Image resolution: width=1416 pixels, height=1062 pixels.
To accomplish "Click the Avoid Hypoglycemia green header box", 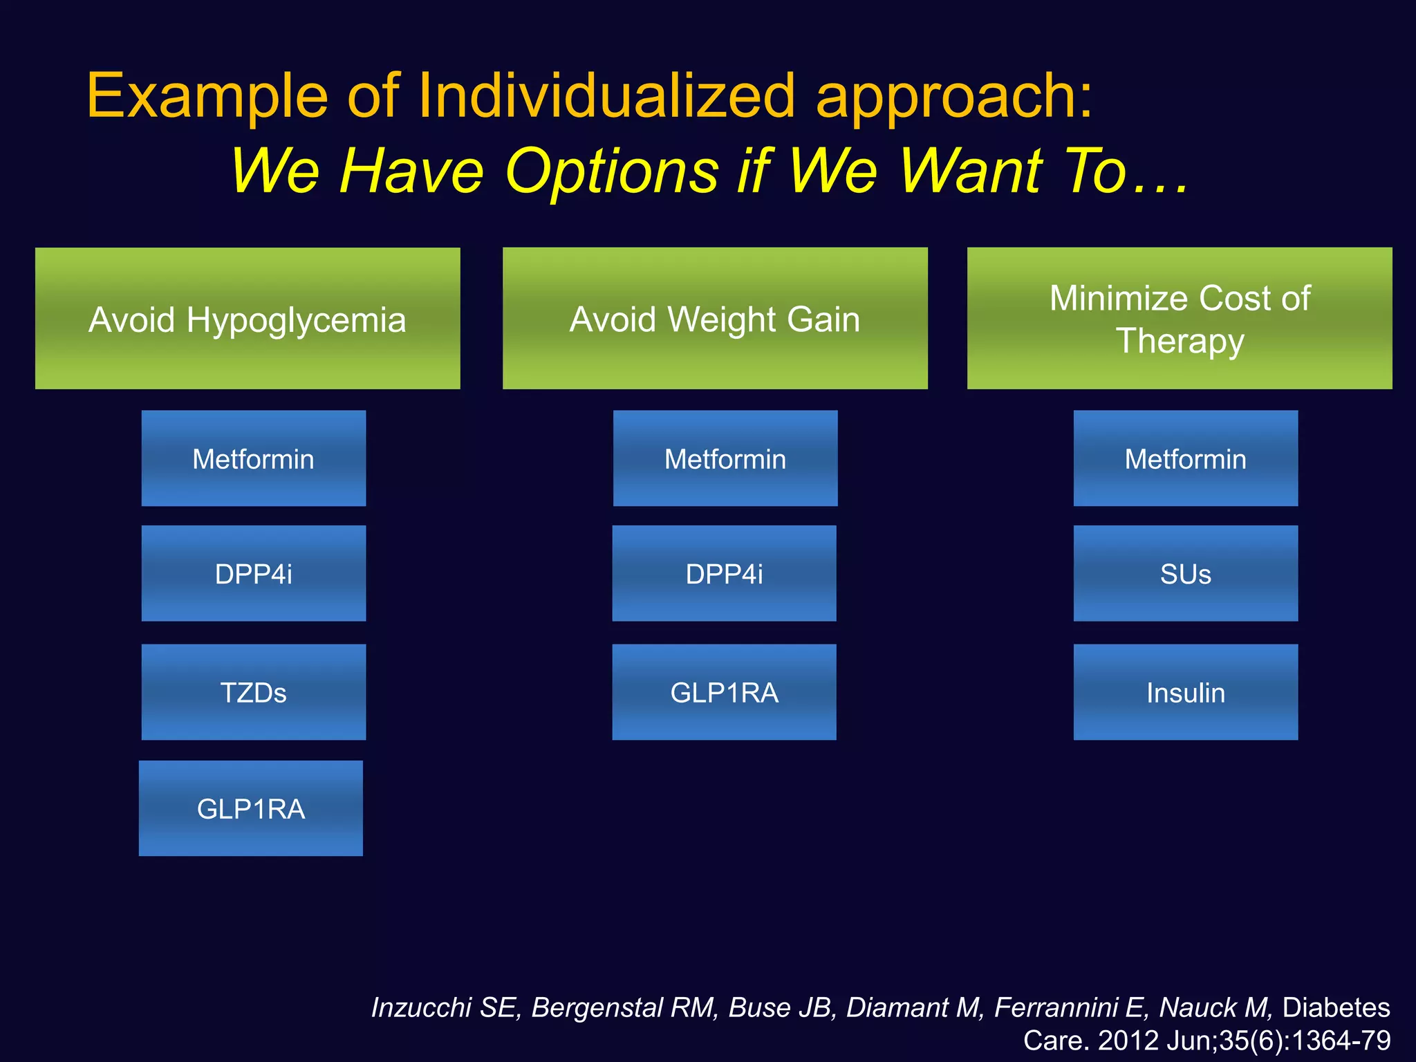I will tap(248, 319).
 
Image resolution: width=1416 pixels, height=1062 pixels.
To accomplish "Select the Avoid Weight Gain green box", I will tap(715, 319).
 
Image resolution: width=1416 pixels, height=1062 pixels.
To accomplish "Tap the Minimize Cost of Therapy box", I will tap(1180, 319).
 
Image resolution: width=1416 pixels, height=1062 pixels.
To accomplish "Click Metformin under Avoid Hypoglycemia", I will tap(254, 458).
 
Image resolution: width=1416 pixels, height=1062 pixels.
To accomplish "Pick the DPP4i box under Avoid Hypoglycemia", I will tap(254, 573).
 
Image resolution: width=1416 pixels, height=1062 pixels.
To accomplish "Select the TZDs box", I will tap(254, 692).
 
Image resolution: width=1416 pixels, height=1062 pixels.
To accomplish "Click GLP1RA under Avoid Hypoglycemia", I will tap(251, 808).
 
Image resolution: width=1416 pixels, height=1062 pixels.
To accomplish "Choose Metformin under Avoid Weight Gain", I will tap(725, 458).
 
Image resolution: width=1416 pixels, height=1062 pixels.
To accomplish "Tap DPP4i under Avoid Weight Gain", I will tap(724, 573).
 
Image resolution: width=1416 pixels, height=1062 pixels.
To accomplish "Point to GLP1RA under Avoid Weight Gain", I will tap(724, 692).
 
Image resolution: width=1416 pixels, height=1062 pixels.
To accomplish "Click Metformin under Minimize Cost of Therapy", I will tap(1186, 458).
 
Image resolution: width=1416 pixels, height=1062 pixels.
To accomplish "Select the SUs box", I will tap(1186, 573).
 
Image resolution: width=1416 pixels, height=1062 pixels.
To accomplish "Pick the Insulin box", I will tap(1186, 692).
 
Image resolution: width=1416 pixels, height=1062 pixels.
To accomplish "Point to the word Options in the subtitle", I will tap(613, 171).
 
